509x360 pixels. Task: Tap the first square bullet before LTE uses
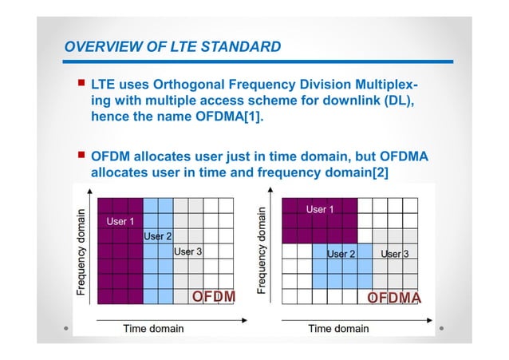(x=81, y=82)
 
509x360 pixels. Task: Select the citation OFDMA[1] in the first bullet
(x=245, y=116)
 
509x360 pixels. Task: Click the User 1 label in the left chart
(x=120, y=220)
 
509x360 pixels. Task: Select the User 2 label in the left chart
(x=157, y=236)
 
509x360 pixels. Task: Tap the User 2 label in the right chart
(x=341, y=254)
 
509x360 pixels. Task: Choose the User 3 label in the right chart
(x=394, y=254)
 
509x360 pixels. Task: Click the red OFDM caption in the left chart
(x=214, y=297)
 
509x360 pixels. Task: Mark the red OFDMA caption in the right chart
(x=394, y=298)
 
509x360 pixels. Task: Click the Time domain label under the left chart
(x=152, y=328)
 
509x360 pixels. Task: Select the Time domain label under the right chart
(x=338, y=328)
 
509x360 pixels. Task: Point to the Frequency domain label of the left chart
(x=81, y=252)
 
